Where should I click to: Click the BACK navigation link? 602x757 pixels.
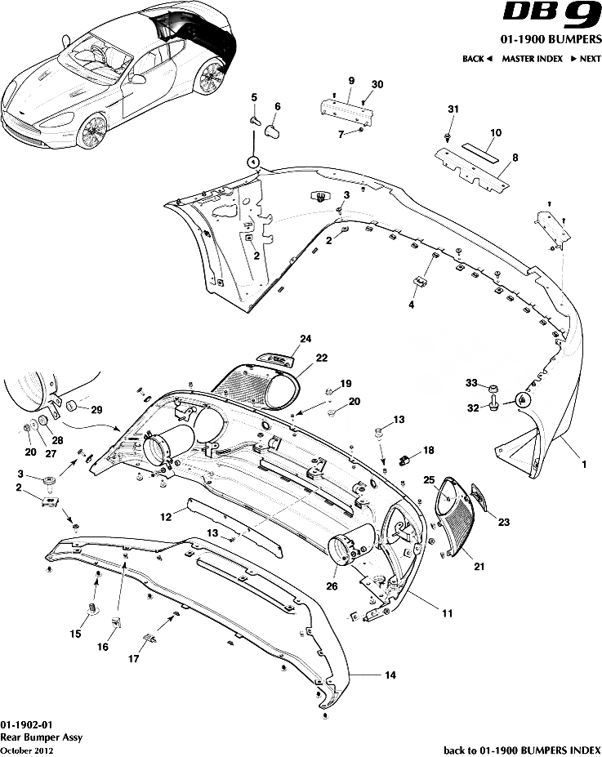coord(477,59)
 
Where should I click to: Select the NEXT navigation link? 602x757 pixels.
coord(586,59)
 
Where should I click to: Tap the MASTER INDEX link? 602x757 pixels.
coord(532,59)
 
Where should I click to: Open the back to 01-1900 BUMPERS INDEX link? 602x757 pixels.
coord(521,748)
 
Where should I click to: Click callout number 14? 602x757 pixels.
coord(390,675)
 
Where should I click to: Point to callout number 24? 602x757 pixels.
coord(305,339)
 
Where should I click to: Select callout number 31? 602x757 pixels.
coord(454,109)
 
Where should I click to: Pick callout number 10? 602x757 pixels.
coord(495,131)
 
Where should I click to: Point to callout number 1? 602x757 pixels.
coord(583,464)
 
